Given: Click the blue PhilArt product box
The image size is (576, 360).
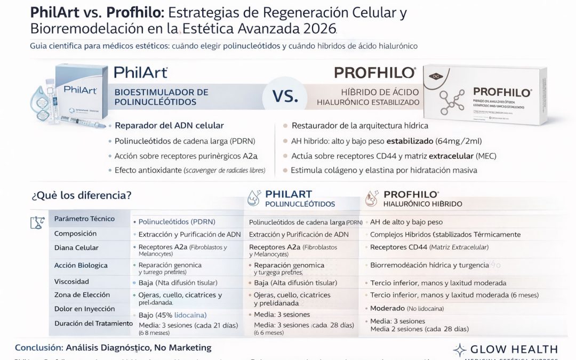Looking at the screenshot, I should pyautogui.click(x=80, y=93).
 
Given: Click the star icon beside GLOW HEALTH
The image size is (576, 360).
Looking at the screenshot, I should pyautogui.click(x=460, y=350).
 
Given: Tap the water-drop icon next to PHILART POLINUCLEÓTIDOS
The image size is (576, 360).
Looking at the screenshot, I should pyautogui.click(x=254, y=199).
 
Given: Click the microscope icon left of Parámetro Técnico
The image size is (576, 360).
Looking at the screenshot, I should pyautogui.click(x=36, y=222).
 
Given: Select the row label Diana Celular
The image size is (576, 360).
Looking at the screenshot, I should pyautogui.click(x=76, y=248).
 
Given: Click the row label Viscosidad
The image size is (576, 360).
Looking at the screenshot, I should pyautogui.click(x=71, y=281).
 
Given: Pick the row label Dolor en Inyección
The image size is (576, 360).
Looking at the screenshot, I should pyautogui.click(x=84, y=309).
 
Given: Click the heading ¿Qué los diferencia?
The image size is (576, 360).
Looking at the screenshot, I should pyautogui.click(x=82, y=195).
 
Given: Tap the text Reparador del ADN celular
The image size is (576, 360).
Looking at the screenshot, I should pyautogui.click(x=169, y=126).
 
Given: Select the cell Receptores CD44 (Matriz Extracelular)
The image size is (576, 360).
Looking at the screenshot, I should pyautogui.click(x=429, y=247).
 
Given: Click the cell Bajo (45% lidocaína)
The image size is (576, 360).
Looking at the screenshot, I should pyautogui.click(x=172, y=315).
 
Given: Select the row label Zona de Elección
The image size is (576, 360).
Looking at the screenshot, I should pyautogui.click(x=82, y=295).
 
